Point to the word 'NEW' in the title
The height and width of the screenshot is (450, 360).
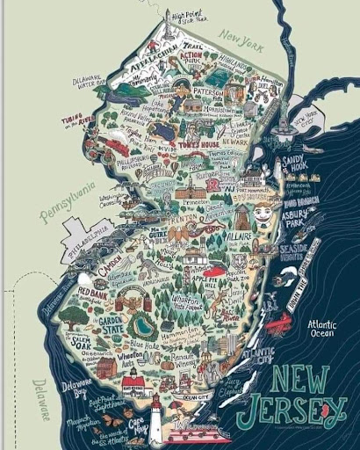[x=298, y=380]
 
